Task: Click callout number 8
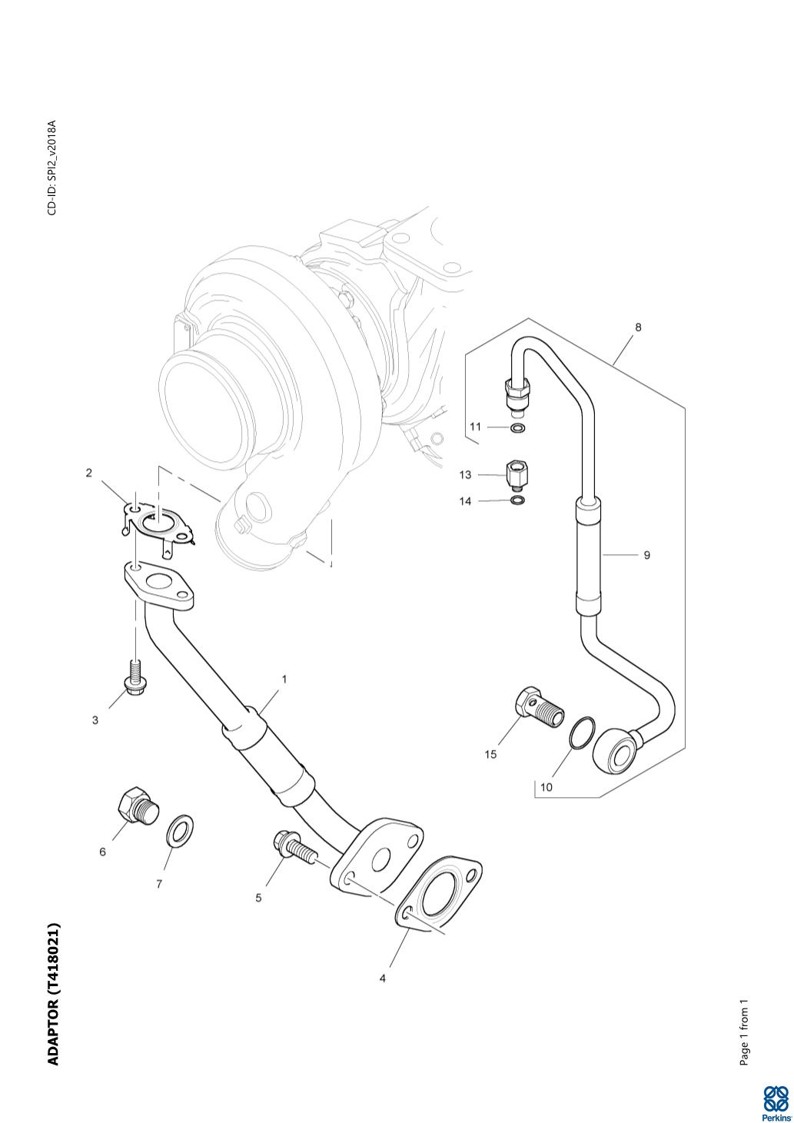638,327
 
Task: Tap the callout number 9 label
646,554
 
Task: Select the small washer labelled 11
519,427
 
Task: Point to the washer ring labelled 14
519,501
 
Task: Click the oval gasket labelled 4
441,893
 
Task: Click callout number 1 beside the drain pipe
284,679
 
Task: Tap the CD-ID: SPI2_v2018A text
51,168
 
